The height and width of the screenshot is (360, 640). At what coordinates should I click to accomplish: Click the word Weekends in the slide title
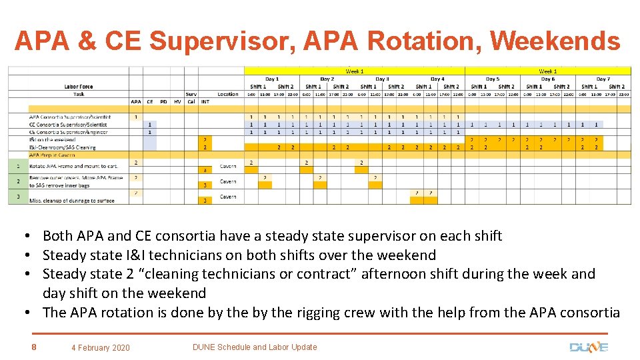pyautogui.click(x=555, y=41)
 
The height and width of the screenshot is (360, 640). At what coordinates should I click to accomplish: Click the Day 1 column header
pyautogui.click(x=271, y=79)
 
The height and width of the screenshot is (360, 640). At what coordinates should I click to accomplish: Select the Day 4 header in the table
pyautogui.click(x=437, y=79)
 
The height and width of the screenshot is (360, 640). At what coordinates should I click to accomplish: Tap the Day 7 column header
pyautogui.click(x=603, y=79)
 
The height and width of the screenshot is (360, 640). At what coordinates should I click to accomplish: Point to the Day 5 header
pyautogui.click(x=492, y=79)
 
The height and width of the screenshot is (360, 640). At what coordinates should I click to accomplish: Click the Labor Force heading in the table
pyautogui.click(x=79, y=86)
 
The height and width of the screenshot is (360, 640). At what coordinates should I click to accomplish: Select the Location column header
pyautogui.click(x=228, y=94)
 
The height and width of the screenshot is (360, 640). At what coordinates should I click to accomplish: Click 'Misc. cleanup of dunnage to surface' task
pyautogui.click(x=71, y=200)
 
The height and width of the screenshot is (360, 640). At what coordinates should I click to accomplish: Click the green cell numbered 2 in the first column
pyautogui.click(x=18, y=181)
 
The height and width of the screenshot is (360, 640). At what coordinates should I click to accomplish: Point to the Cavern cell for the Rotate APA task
pyautogui.click(x=228, y=166)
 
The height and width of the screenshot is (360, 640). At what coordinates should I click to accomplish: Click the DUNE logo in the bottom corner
pyautogui.click(x=588, y=347)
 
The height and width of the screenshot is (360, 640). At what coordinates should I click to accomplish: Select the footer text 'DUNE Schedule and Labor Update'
pyautogui.click(x=255, y=347)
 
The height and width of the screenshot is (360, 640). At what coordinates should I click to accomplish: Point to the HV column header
pyautogui.click(x=177, y=102)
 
